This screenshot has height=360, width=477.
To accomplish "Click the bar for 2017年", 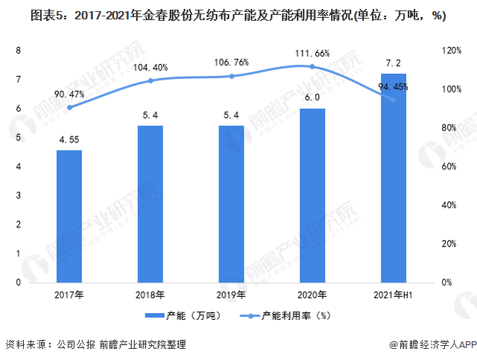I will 69,216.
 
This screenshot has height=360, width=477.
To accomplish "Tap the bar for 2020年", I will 312,195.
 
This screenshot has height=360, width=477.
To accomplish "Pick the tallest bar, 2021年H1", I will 394,178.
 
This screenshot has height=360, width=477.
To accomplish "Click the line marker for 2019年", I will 231,76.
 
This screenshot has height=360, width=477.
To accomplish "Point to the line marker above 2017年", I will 69,107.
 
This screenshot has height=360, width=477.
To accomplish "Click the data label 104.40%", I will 151,67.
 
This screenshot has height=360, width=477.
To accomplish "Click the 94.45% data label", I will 394,87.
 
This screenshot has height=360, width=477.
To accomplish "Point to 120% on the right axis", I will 451,51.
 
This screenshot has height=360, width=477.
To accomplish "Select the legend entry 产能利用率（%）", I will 283,315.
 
